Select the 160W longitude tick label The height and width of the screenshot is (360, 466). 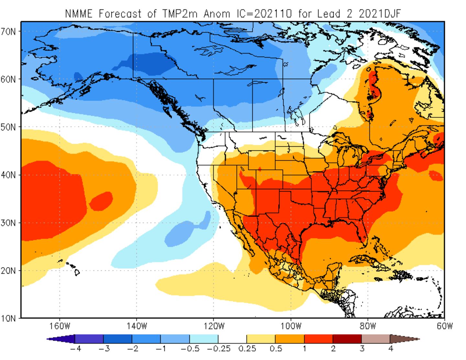point(60,326)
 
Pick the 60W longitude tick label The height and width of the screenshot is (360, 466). point(445,326)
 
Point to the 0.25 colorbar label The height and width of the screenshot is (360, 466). point(247,349)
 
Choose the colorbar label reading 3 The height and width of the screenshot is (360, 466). point(361,349)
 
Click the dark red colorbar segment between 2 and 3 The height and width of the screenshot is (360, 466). point(347,339)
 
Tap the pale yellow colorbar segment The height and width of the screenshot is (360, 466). point(261,339)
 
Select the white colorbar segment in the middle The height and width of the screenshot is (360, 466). point(232,339)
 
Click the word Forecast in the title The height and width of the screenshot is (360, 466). point(120,14)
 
